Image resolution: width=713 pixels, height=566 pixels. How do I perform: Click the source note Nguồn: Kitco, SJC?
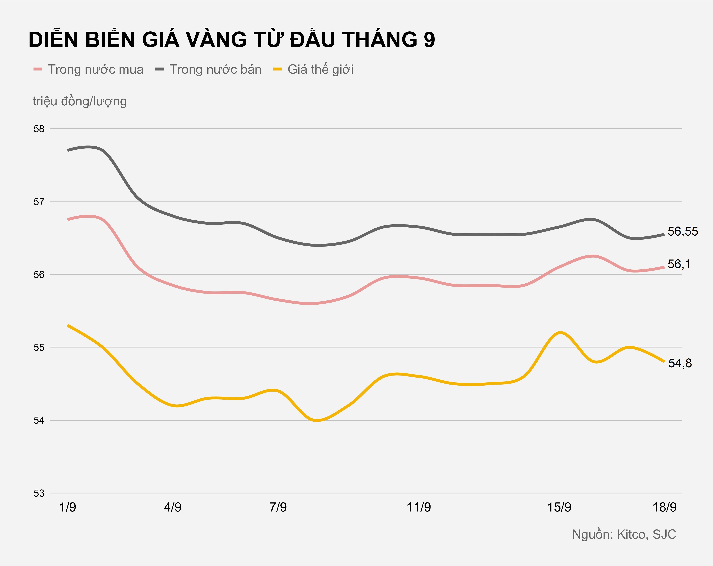pyautogui.click(x=624, y=535)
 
